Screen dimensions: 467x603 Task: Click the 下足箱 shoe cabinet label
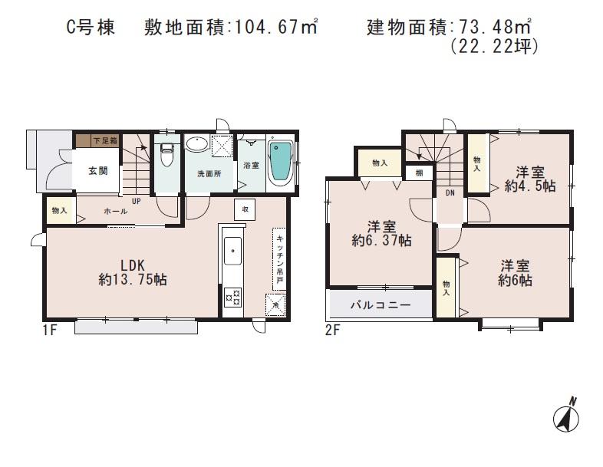(105, 141)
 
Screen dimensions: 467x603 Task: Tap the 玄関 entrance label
(97, 171)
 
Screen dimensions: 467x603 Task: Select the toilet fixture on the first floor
(166, 157)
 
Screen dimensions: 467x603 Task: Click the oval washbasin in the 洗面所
(196, 146)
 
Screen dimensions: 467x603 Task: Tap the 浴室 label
(251, 166)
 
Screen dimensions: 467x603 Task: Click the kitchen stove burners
(232, 296)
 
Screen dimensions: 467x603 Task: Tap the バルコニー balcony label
(380, 304)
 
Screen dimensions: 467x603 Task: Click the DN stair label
(450, 193)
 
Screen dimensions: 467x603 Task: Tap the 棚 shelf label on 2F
(418, 173)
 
